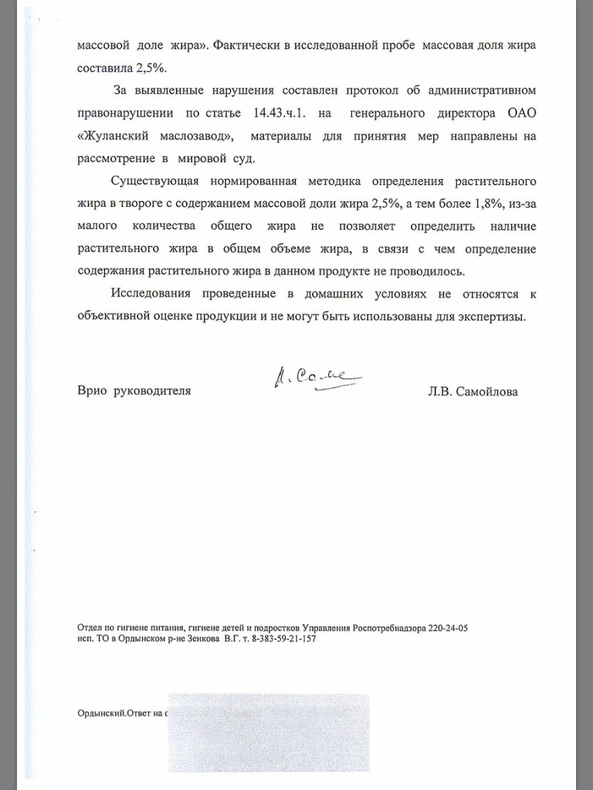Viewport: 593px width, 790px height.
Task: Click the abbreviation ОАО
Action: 520,114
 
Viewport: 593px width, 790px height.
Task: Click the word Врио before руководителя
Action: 92,391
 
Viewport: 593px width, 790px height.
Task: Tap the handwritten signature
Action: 316,378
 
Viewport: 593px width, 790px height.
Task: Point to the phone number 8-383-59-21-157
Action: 280,640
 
